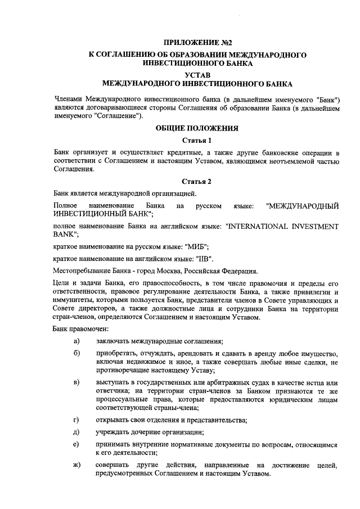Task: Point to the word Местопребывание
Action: (80, 271)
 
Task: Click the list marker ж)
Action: (76, 465)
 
